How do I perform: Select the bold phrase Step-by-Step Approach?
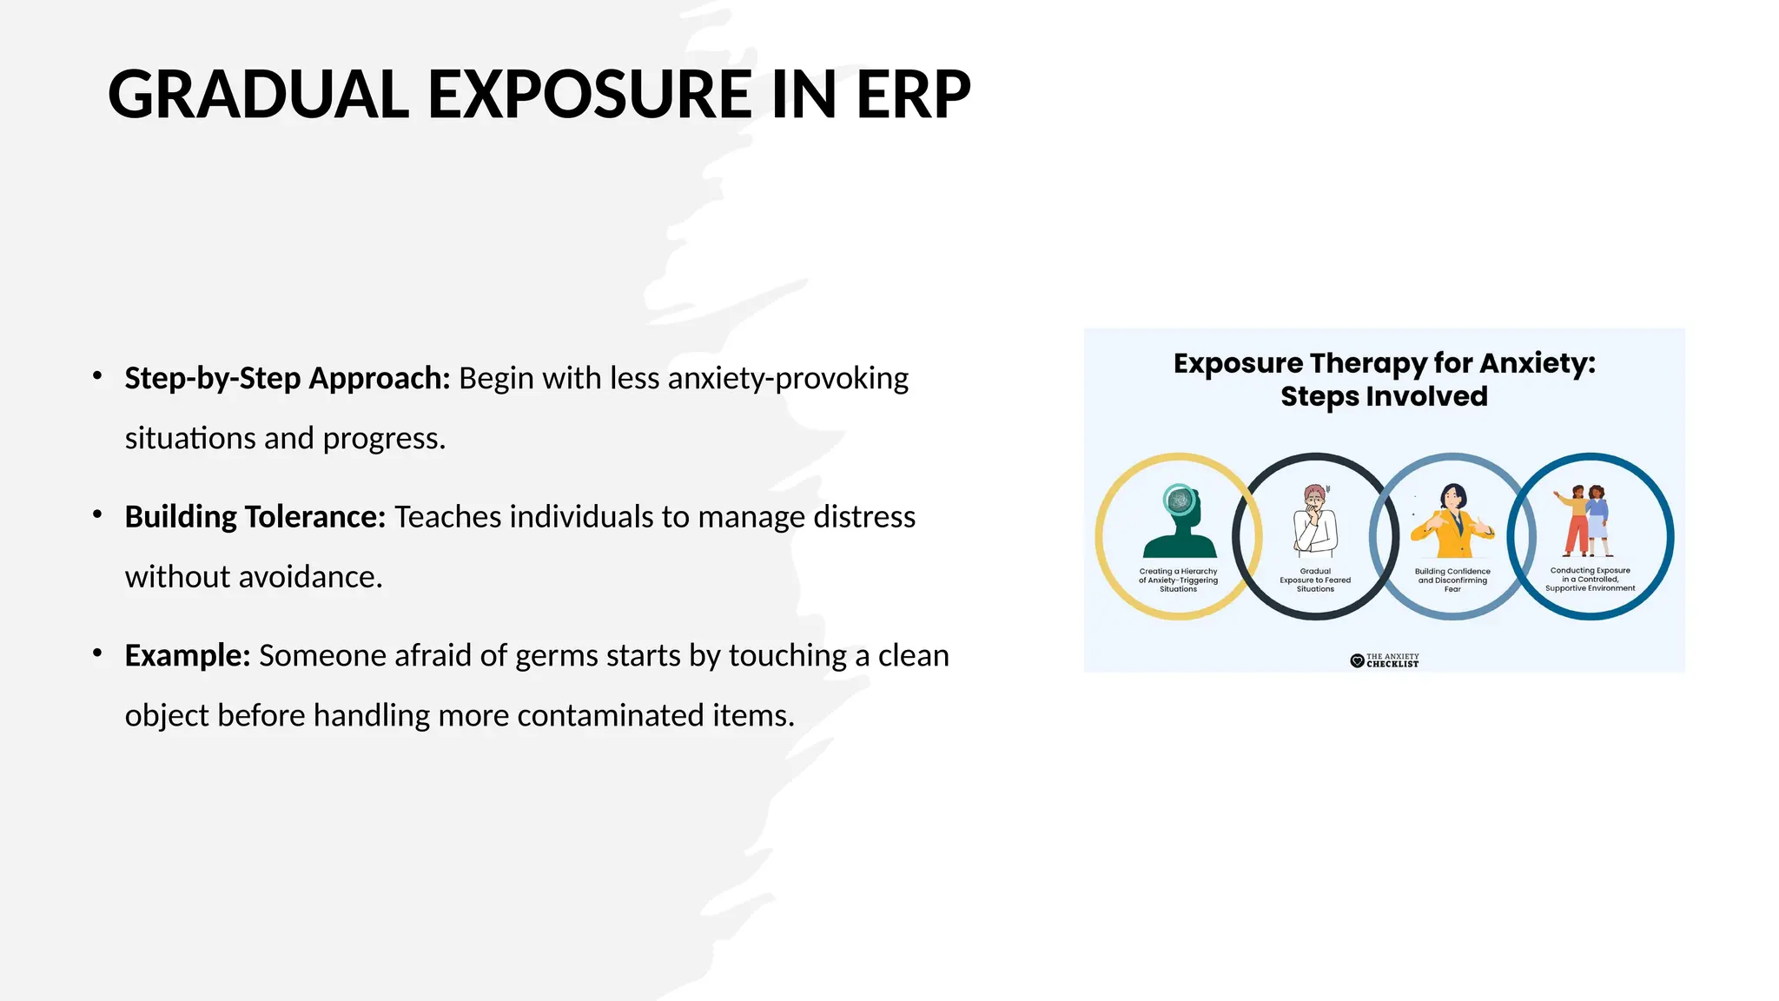coord(287,379)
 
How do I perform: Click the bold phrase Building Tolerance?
coord(255,517)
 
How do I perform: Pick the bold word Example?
coord(188,655)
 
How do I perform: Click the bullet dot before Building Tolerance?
coord(98,514)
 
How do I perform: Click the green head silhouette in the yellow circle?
coord(1180,522)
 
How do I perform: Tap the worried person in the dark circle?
coord(1315,520)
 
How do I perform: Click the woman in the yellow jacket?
coord(1453,521)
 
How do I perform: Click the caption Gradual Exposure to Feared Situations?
coord(1315,580)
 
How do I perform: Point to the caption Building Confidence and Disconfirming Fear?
coord(1452,580)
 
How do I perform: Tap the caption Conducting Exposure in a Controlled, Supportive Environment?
coord(1590,580)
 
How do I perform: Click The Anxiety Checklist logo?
coord(1385,660)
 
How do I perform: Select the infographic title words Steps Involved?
coord(1384,396)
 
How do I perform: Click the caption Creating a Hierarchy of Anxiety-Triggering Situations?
coord(1178,580)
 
